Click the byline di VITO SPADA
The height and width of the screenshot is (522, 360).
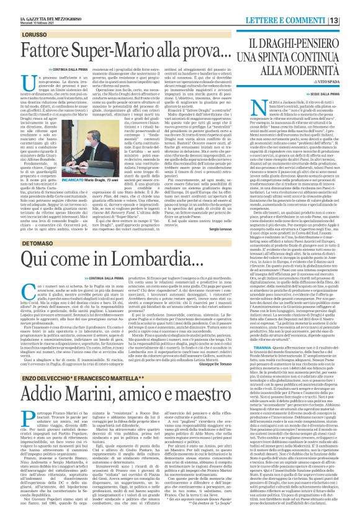coord(336,63)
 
